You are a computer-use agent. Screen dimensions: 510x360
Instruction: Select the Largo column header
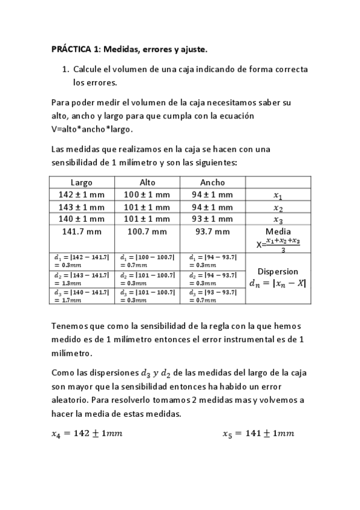[82, 182]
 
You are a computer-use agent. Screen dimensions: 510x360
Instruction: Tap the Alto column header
[147, 182]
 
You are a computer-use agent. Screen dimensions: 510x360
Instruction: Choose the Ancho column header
[213, 182]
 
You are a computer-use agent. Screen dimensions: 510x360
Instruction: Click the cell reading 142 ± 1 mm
[82, 195]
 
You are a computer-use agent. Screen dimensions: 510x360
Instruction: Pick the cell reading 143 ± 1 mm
[82, 207]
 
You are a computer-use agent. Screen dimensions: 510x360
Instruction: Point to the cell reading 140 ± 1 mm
[82, 219]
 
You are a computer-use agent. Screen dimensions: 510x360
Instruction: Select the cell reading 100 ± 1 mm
[147, 195]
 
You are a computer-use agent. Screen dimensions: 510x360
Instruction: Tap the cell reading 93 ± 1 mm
[213, 219]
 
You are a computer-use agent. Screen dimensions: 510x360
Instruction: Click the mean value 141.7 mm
[82, 232]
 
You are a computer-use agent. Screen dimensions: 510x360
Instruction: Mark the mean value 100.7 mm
[147, 232]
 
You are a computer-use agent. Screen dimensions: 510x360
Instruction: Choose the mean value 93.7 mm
[213, 232]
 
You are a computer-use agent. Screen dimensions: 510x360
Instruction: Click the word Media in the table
[278, 232]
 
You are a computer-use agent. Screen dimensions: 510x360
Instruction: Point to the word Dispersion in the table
[278, 271]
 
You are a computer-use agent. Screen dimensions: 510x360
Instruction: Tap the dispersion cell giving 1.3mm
[82, 278]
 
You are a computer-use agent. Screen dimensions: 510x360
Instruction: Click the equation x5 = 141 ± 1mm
[258, 434]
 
